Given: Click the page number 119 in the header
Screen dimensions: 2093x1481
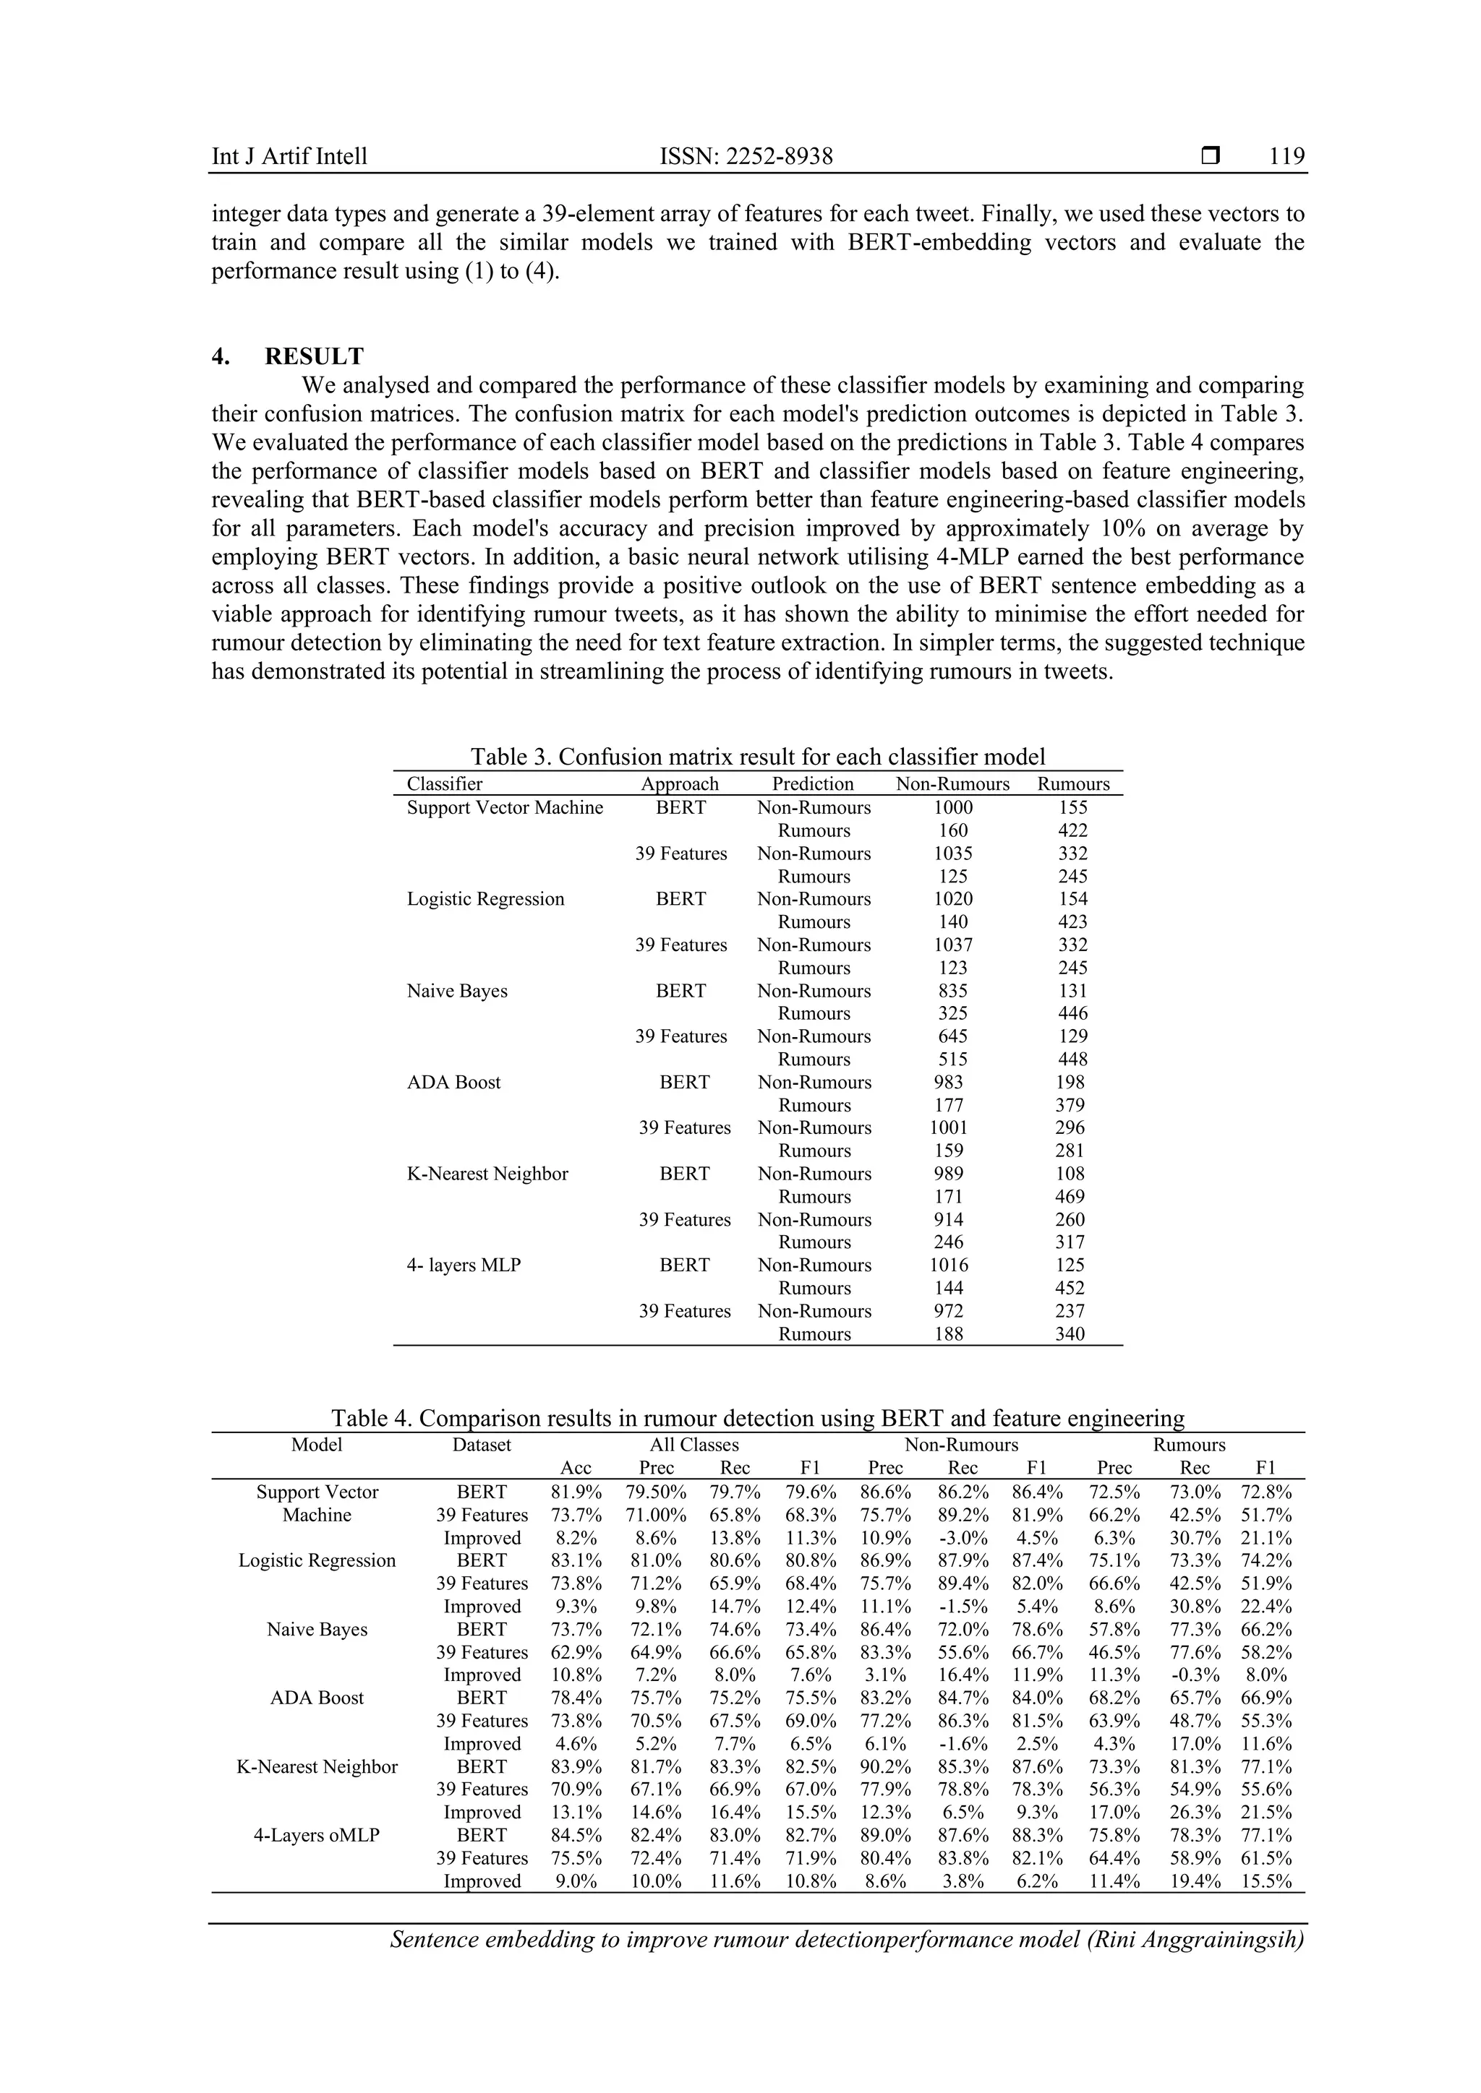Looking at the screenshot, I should [1286, 156].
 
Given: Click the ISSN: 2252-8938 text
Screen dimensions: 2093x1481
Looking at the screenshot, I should [746, 156].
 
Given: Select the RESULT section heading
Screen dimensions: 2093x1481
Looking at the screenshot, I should [314, 356].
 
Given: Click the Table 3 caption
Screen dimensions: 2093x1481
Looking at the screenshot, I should [757, 757].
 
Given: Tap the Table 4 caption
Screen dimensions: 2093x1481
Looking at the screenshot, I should [757, 1419].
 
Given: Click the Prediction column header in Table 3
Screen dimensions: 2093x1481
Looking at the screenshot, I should [813, 784].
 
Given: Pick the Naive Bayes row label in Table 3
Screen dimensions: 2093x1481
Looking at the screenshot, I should [457, 991].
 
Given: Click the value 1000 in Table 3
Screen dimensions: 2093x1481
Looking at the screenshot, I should [953, 808].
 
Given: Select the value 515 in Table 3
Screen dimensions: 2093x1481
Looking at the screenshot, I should [953, 1060].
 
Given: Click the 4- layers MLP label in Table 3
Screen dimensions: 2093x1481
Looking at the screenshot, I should [464, 1265].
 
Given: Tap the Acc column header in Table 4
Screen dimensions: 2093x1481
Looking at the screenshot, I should [576, 1468].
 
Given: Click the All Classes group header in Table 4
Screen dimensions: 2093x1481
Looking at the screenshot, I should [694, 1445].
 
